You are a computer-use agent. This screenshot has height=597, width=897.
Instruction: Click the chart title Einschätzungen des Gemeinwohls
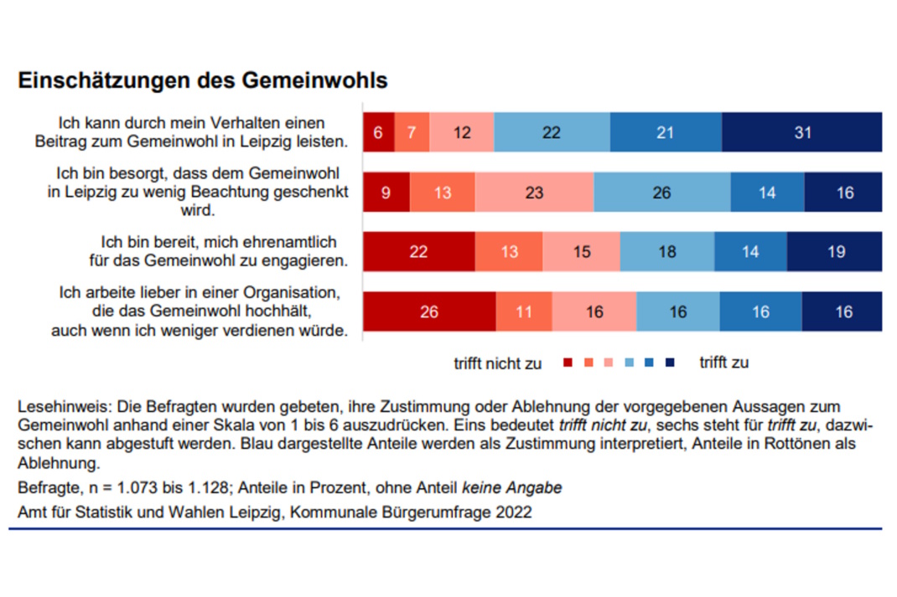coord(202,81)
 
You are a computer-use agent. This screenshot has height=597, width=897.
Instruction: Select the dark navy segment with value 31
coord(801,132)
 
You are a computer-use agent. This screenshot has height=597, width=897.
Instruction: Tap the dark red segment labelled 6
coord(378,132)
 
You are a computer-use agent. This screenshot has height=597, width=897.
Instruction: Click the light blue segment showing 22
coord(552,132)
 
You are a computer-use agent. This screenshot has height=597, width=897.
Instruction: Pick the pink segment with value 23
coord(534,193)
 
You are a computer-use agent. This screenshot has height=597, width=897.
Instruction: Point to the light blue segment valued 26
coord(661,193)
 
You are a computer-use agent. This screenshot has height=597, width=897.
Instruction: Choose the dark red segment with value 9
coord(386,193)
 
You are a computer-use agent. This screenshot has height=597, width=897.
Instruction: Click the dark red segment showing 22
coord(418,252)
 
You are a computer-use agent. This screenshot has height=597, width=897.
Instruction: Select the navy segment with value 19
coord(835,252)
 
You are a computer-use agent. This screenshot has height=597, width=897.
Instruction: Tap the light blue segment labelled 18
coord(666,252)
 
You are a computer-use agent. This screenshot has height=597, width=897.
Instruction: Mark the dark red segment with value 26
coord(428,312)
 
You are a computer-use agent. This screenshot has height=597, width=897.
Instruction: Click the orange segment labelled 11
coord(523,312)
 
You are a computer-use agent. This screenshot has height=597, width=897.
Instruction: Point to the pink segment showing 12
coord(461,132)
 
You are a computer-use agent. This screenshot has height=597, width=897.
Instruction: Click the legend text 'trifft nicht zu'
coord(497,363)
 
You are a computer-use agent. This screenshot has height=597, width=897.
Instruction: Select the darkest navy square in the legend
coord(670,363)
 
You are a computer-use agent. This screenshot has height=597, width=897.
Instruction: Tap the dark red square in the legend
coord(568,363)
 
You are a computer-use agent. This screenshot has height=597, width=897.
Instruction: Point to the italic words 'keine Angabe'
coord(521,487)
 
